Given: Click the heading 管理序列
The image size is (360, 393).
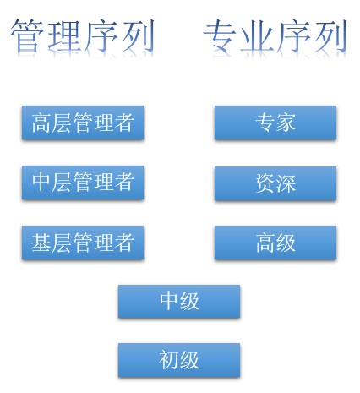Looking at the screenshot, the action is coord(83,35).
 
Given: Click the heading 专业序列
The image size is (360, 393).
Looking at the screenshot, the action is coord(275,35).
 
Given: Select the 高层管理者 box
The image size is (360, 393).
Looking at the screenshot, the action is coord(83,123).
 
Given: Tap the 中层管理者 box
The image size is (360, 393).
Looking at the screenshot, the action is coord(83,183).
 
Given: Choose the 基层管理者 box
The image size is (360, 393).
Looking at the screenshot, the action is coord(83,243).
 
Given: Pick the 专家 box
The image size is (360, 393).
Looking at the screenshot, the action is coord(275,123).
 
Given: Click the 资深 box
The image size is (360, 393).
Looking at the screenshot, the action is coord(275,183).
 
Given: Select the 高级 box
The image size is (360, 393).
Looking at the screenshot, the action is coord(275,243).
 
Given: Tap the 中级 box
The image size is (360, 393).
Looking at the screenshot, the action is coord(179,302).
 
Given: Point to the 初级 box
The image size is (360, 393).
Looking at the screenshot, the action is coord(179,360).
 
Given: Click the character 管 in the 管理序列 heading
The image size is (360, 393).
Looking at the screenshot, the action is coord(27,35).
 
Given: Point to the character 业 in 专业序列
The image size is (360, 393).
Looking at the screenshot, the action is coord(257,36).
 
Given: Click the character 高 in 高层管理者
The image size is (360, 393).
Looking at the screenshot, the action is coord(41,123).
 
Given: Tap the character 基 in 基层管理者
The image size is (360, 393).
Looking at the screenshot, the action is coord(41,243).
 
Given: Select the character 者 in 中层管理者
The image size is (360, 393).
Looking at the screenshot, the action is coord(124,182).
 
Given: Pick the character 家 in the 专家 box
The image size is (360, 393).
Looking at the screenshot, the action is coord(286,123).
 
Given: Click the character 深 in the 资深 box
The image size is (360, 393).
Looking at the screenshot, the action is coord(286,183).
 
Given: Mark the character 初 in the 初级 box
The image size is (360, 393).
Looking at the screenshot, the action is coord(169,360).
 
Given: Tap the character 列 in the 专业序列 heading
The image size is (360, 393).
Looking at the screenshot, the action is coord(330,36).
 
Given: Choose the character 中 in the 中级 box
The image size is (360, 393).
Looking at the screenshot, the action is coord(169,301).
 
